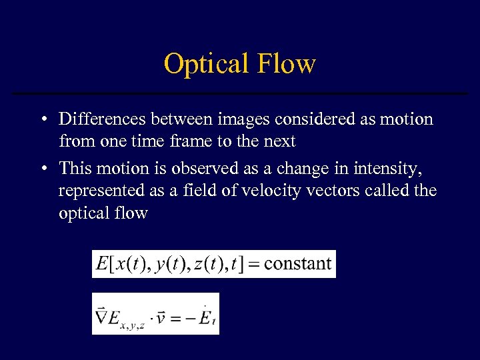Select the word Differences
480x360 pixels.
(x=103, y=119)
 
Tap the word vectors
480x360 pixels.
(x=322, y=191)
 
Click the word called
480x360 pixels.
(x=387, y=191)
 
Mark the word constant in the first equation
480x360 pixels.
(x=297, y=263)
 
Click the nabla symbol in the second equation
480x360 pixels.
(x=103, y=315)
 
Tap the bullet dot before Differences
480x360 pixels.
(x=42, y=120)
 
